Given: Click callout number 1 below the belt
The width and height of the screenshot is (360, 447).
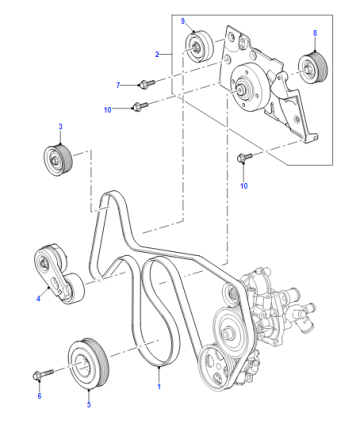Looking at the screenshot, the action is point(159,386).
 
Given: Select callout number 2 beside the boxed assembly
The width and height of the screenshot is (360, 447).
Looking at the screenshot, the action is point(157,54).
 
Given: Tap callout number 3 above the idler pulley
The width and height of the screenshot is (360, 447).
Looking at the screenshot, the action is point(60,126).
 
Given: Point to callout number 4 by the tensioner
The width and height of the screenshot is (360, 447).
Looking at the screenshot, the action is point(38,298).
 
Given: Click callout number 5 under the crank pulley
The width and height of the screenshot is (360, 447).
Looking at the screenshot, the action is point(89,404).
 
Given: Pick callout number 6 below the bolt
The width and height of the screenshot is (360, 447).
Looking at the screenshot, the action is point(39,396).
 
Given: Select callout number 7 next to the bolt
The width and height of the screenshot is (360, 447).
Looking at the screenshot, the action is point(118,85).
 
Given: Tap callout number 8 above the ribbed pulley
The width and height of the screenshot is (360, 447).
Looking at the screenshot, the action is point(315,33).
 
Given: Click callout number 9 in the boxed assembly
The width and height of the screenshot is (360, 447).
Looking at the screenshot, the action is point(183,21).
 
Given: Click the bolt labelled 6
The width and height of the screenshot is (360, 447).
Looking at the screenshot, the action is point(43,374).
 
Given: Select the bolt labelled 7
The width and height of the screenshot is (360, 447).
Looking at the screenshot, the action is point(147,82).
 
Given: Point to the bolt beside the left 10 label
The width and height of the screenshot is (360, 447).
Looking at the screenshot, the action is point(140,106).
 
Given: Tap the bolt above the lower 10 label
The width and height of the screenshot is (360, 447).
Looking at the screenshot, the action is point(244,157).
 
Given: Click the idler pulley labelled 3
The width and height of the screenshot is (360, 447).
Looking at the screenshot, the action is point(58,160).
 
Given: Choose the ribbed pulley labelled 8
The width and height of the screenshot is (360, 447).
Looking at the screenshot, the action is point(313,68).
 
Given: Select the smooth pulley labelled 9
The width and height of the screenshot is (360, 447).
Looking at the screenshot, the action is point(200,46).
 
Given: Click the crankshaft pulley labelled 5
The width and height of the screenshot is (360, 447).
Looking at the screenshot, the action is point(88,363).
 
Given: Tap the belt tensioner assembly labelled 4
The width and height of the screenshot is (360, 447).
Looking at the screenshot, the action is point(59,274).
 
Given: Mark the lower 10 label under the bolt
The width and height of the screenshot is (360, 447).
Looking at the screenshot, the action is point(244,186).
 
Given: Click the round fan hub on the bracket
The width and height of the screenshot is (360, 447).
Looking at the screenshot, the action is point(247,88).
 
